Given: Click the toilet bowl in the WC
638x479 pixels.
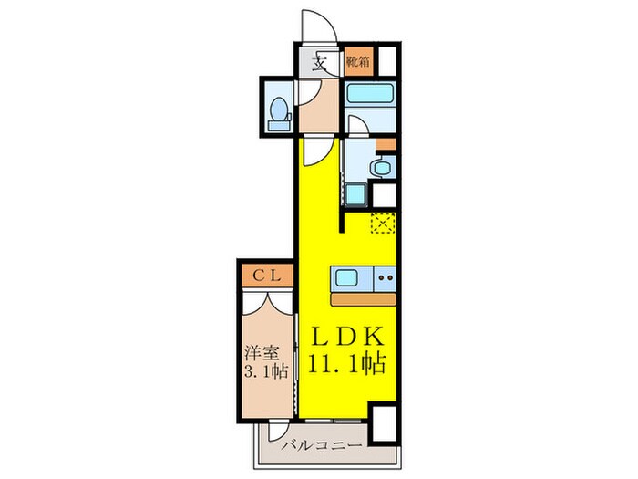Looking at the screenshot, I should [280, 110].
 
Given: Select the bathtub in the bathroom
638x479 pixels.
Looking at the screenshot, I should [369, 94].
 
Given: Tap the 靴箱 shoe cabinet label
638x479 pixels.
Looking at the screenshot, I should [358, 63].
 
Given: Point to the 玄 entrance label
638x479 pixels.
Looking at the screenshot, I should [321, 65].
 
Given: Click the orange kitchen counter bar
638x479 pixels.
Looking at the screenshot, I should [365, 299].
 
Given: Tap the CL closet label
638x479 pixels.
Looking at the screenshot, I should [265, 273].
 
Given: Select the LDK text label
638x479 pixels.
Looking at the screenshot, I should [344, 334].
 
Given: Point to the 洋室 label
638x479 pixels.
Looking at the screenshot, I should [261, 351].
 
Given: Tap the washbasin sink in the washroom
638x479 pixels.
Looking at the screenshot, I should [384, 166].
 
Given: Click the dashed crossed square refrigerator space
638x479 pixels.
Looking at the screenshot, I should [382, 223].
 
